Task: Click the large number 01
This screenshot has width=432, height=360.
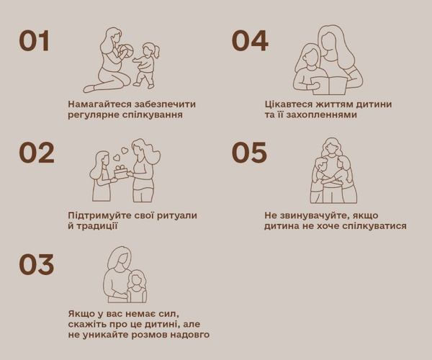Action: (x=35, y=41)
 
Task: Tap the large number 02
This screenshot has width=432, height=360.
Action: (x=37, y=153)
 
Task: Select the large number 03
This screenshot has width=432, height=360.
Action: (x=37, y=264)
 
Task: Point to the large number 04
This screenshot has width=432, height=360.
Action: (x=250, y=41)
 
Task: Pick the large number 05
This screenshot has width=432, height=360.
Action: (x=249, y=153)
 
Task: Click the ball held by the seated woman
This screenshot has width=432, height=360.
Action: (x=125, y=51)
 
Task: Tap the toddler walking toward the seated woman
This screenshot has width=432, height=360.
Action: (x=146, y=66)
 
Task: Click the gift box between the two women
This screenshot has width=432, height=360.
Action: (x=121, y=172)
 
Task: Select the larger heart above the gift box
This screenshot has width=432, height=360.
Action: (x=125, y=150)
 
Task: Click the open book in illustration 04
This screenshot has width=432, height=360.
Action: (x=329, y=86)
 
